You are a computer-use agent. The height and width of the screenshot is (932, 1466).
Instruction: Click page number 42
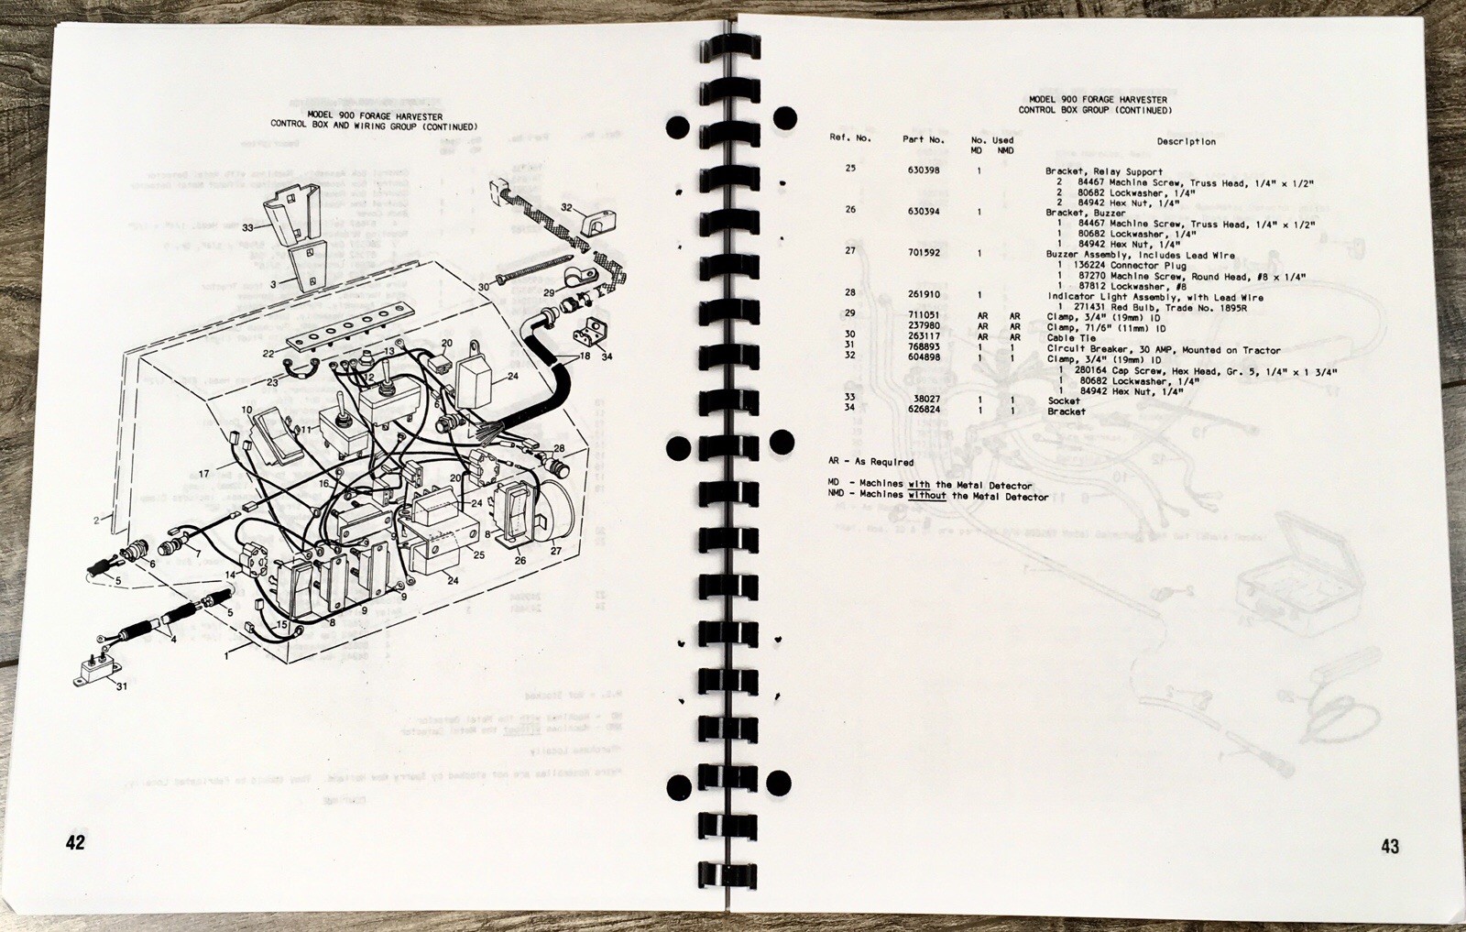click(75, 842)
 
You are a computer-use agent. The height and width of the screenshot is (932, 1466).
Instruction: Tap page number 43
click(1390, 847)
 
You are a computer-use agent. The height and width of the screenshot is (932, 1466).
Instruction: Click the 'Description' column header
click(1186, 142)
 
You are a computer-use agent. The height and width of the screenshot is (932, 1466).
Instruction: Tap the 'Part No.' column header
click(923, 140)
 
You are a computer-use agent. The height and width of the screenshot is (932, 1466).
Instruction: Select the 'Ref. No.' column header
click(850, 138)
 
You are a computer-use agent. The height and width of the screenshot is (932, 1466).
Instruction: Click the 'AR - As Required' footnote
click(870, 462)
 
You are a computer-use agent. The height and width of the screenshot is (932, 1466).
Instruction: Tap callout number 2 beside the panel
click(96, 520)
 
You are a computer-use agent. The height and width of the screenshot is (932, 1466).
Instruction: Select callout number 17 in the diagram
click(204, 474)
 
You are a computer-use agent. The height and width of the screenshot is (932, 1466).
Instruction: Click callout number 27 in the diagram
click(555, 552)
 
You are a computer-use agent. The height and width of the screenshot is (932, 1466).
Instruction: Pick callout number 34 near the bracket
click(607, 356)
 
